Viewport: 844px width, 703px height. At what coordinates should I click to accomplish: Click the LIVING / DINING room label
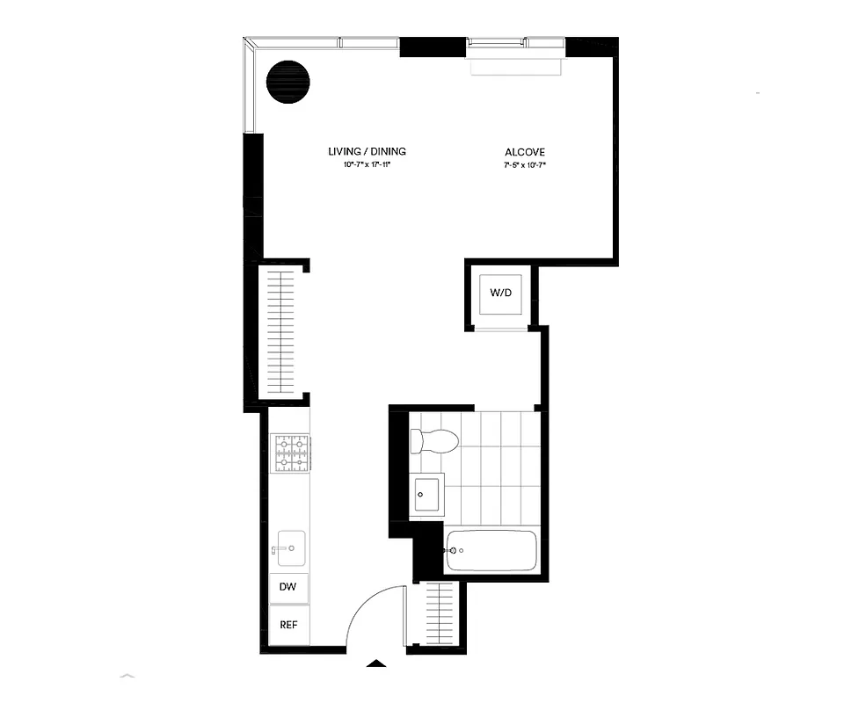pos(367,151)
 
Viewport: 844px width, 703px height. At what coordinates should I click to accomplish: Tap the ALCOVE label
pos(524,152)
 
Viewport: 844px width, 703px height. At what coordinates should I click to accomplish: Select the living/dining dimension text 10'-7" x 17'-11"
pos(367,165)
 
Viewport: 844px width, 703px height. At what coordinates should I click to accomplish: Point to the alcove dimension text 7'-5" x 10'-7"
pos(524,165)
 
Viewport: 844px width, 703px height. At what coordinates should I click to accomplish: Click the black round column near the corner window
pos(287,82)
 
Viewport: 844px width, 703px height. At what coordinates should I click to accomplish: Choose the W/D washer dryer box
pos(500,294)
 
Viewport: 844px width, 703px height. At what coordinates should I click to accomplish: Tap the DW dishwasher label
pos(287,587)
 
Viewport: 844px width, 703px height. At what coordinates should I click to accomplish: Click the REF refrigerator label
pos(287,626)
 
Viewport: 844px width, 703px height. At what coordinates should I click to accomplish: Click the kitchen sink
pos(290,547)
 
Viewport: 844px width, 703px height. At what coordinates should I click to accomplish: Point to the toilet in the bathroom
pos(433,439)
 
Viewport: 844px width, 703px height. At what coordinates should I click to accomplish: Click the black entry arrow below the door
pos(375,663)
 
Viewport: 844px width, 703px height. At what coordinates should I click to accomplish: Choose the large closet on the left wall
pos(282,331)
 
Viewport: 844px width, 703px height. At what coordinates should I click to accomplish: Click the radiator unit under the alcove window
pos(516,66)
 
